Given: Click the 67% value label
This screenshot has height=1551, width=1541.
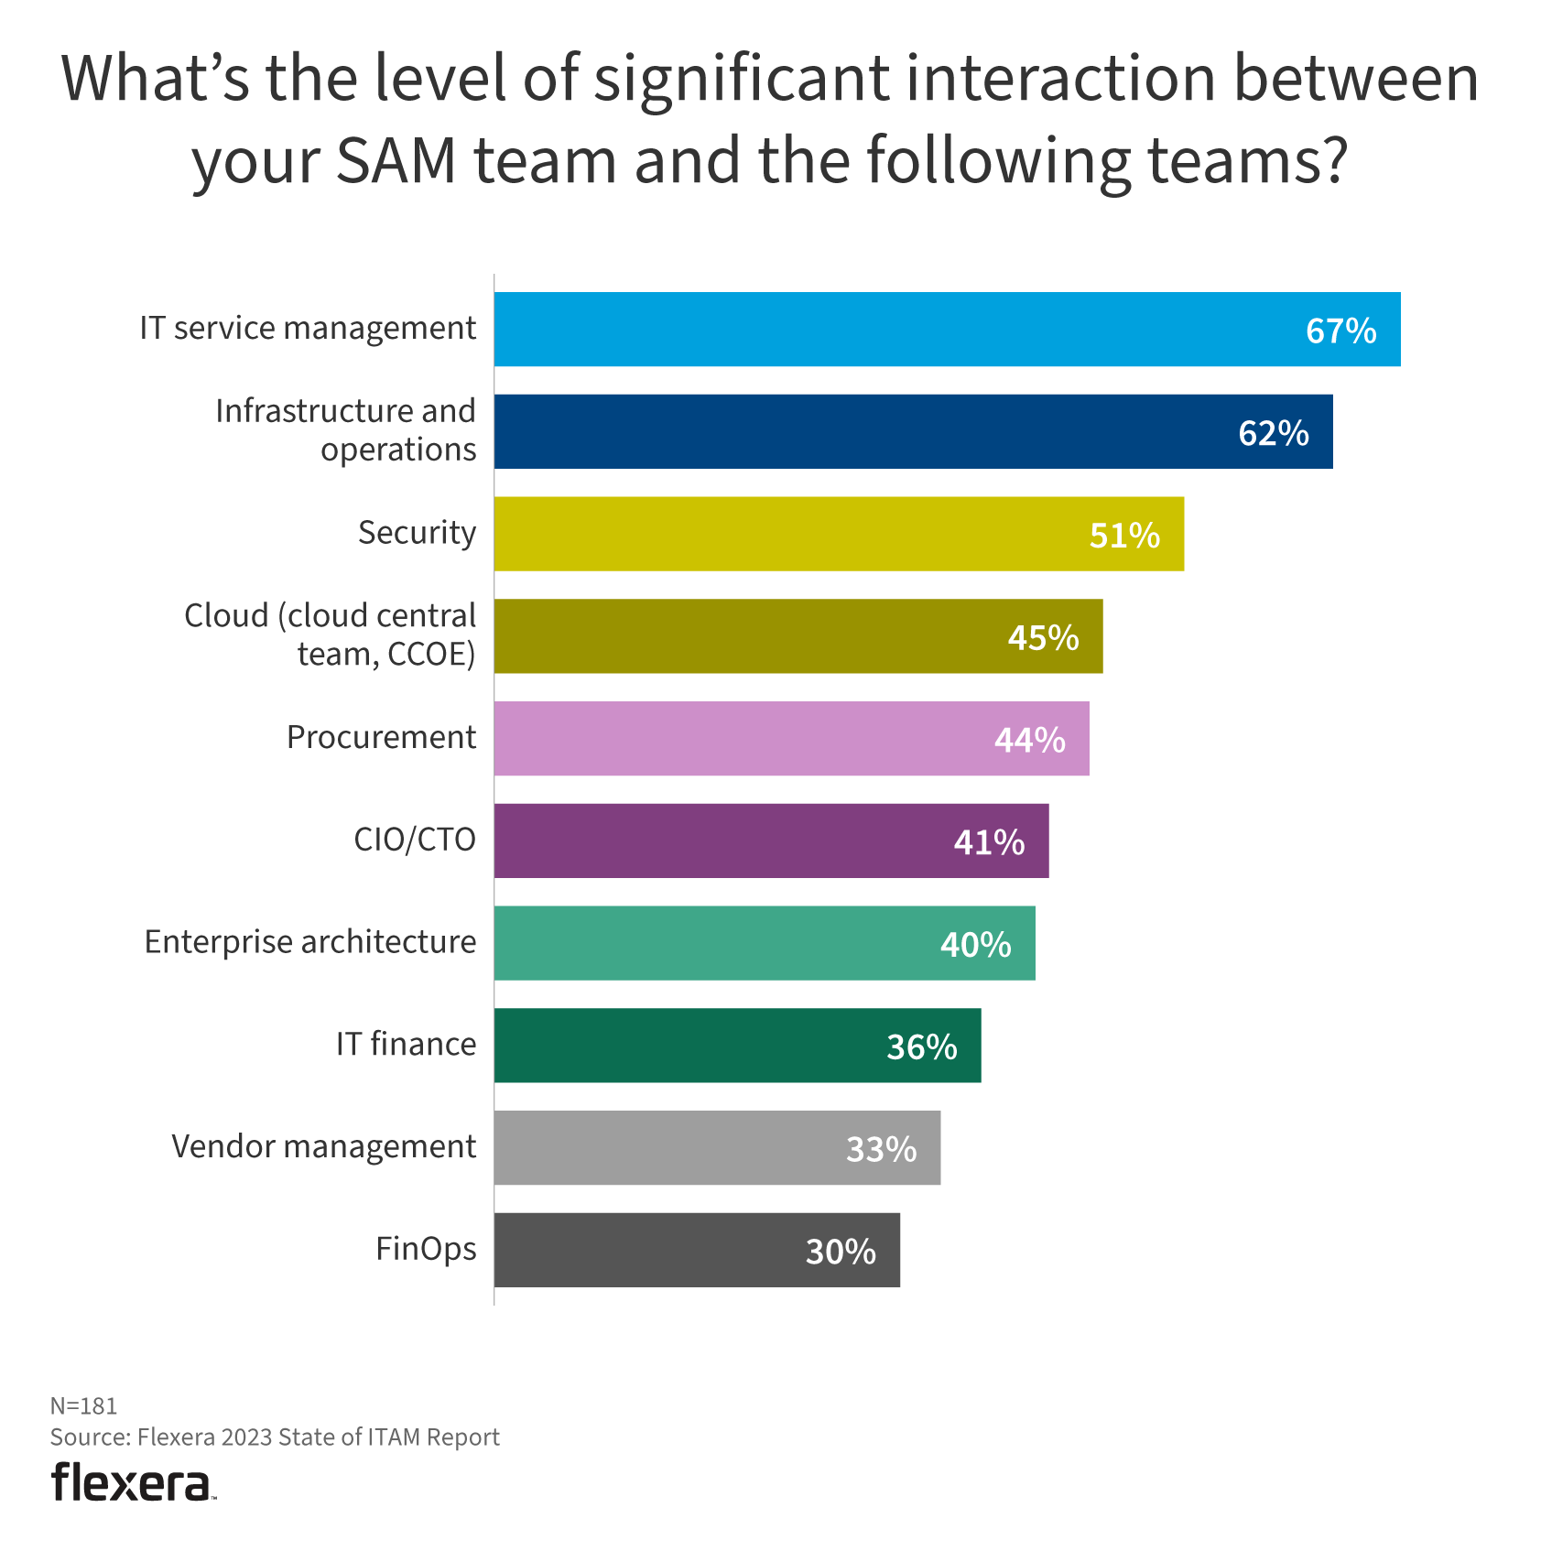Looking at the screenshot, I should coord(1340,331).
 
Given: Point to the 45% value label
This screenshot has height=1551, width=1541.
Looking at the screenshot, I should coord(1043,637).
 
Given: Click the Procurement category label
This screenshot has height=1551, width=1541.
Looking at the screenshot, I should coord(381,737).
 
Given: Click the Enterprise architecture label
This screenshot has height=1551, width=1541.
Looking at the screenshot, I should coord(310,942).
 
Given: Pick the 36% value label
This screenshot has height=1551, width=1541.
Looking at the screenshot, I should coord(921,1047).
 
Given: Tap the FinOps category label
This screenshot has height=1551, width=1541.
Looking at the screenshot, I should coord(426,1249).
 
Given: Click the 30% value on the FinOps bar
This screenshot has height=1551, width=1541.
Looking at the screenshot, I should coord(841,1252).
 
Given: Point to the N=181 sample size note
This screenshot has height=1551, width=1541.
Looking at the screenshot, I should coord(83,1405).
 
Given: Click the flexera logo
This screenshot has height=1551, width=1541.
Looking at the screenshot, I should coord(133,1481).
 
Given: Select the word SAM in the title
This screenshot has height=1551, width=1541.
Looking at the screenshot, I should coord(396,160).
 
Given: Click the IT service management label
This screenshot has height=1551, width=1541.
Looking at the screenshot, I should coord(308,328).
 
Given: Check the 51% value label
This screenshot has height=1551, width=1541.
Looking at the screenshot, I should coord(1124,536).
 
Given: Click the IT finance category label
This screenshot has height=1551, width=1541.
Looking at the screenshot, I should coord(406,1044).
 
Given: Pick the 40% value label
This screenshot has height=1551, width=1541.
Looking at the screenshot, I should coord(975,944).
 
